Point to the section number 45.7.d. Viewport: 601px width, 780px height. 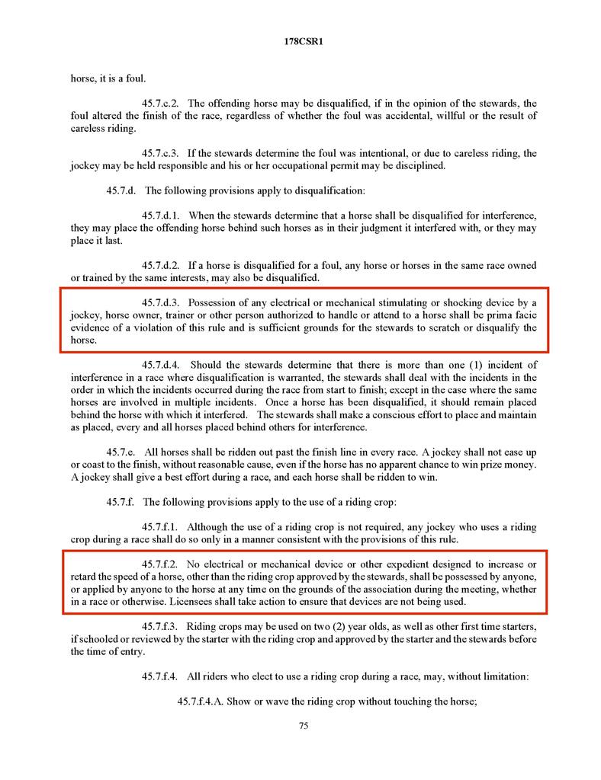pos(123,190)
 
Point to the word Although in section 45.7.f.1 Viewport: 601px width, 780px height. pos(208,526)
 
